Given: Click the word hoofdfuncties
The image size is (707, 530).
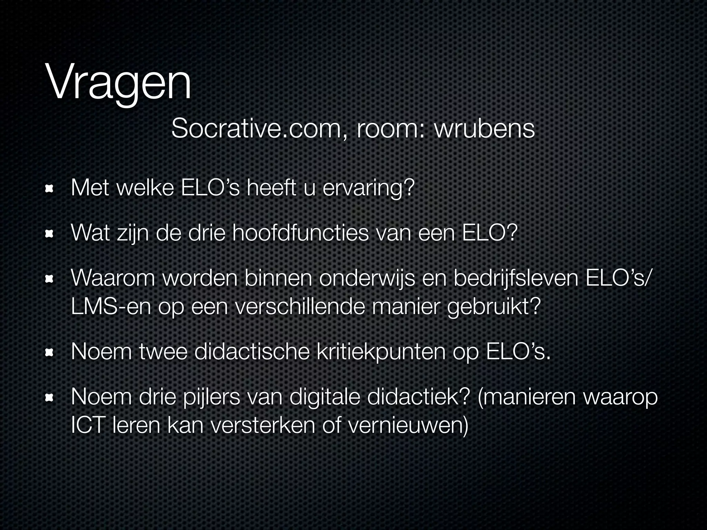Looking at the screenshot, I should click(300, 233).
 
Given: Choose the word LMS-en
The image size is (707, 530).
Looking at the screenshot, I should click(111, 307).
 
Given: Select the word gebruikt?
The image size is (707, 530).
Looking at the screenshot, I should click(494, 307).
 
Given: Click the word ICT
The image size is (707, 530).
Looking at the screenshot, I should click(87, 426).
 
